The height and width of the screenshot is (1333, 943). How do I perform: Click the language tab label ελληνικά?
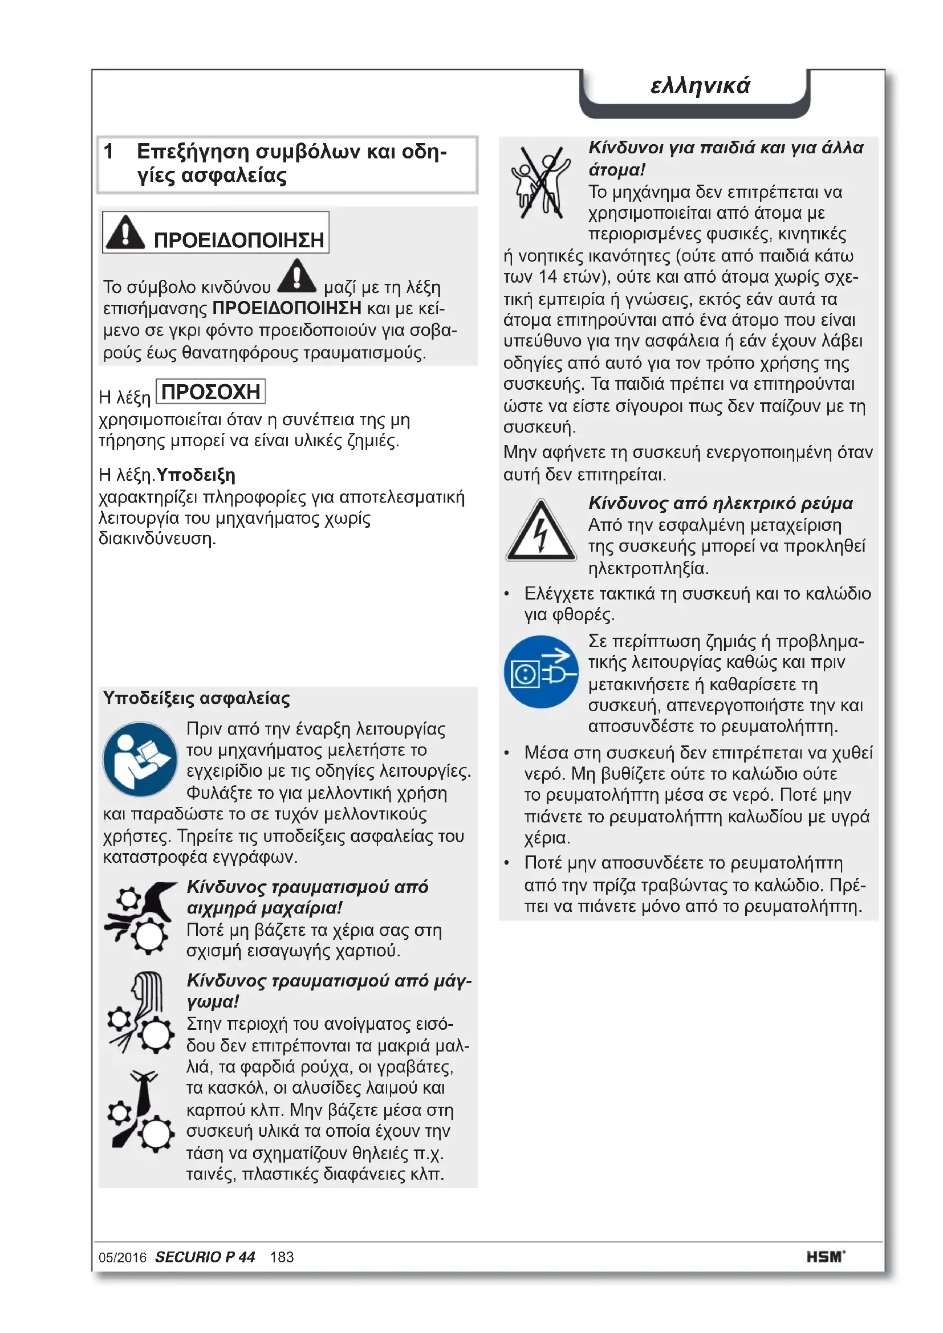(700, 85)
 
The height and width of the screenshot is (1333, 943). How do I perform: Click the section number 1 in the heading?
(108, 152)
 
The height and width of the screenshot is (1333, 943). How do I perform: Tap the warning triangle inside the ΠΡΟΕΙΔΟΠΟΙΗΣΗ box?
(125, 232)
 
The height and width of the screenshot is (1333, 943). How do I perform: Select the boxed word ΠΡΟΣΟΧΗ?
(211, 392)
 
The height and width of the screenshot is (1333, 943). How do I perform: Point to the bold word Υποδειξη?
(196, 475)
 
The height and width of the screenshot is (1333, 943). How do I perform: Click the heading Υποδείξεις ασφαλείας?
(196, 698)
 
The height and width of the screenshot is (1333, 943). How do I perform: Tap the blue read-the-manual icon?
(140, 759)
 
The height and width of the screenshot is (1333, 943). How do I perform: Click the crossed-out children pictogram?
(540, 182)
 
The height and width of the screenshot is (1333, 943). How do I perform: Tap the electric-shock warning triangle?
(540, 531)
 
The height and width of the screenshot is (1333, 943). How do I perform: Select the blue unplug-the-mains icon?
(540, 672)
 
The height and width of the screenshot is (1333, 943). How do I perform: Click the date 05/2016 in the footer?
(123, 1258)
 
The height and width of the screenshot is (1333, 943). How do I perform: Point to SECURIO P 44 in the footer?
(205, 1257)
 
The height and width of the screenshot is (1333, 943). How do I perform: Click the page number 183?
(282, 1258)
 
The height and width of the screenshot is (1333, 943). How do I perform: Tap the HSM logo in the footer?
(825, 1257)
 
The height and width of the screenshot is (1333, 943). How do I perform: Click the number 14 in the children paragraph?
(547, 277)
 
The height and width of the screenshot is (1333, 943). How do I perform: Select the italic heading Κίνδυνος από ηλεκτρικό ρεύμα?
(721, 503)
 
